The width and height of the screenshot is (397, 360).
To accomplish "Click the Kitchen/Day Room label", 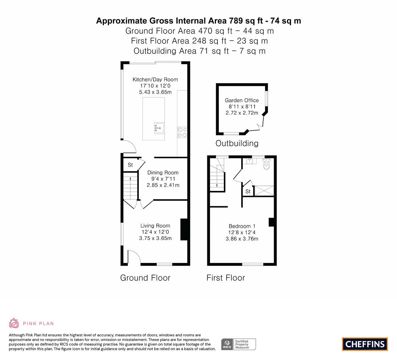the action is [155, 79].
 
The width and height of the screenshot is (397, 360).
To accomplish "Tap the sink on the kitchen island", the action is [159, 128].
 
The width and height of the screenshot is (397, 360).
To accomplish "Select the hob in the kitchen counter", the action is [182, 132].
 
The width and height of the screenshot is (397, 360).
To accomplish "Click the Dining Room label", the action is [163, 173].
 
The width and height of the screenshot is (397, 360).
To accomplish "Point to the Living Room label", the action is [155, 226].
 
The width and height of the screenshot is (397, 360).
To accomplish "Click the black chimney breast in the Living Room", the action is [184, 229].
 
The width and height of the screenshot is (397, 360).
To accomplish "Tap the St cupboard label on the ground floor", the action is [130, 165].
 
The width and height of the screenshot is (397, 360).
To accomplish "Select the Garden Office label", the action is [242, 100].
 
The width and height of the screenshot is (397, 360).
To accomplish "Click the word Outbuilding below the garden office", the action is [237, 143].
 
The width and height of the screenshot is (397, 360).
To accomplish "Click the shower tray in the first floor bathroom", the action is [264, 191].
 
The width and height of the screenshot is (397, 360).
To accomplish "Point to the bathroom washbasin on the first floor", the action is [249, 161].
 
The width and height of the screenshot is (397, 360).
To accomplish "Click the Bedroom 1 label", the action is [242, 226].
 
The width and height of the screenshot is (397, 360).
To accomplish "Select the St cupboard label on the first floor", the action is [248, 192].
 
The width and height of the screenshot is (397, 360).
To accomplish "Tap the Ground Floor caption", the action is [145, 278].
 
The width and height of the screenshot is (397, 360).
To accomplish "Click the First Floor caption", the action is [226, 278].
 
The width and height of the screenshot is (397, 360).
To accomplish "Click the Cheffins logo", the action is [365, 344].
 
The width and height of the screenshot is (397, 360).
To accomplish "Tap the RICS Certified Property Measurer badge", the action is [239, 344].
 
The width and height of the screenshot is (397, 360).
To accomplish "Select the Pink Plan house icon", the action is [14, 323].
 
